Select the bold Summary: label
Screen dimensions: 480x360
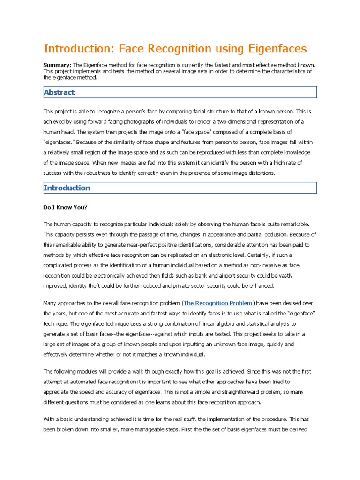tap(57, 65)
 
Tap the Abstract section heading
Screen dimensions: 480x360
tap(59, 92)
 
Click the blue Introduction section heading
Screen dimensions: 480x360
tap(67, 188)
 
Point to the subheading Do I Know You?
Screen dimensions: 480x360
tap(66, 207)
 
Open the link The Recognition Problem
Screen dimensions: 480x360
tap(218, 303)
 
